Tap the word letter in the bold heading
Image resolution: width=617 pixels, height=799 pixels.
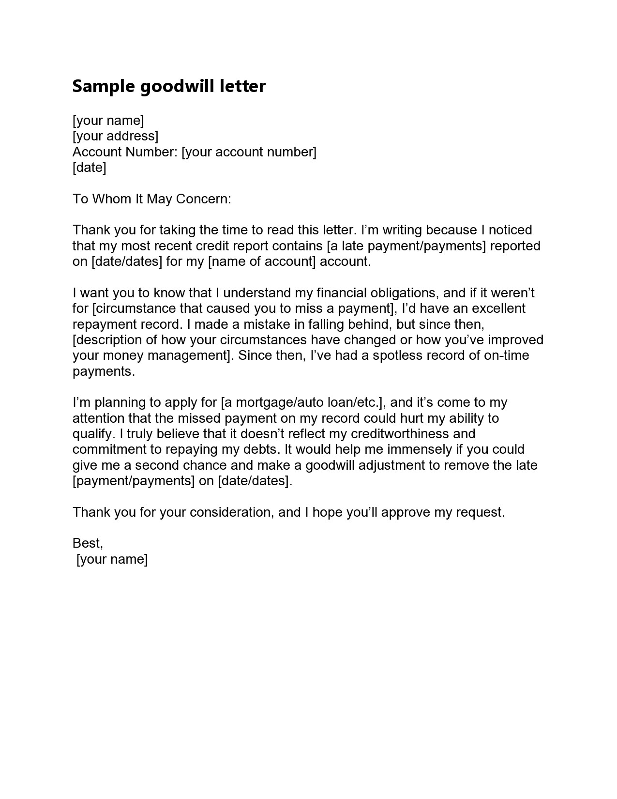coord(242,86)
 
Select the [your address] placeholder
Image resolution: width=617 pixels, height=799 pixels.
coord(115,136)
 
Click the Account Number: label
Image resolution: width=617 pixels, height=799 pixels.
coord(125,152)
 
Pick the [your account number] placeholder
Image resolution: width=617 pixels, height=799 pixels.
coord(249,152)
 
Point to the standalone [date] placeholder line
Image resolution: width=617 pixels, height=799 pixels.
coord(89,168)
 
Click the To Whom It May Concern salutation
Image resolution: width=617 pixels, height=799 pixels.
coord(152,199)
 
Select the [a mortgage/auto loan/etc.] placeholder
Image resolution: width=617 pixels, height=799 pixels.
coord(302,402)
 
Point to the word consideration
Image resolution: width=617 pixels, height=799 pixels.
coord(230,512)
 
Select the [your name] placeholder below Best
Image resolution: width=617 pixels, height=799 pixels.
coord(112,559)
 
